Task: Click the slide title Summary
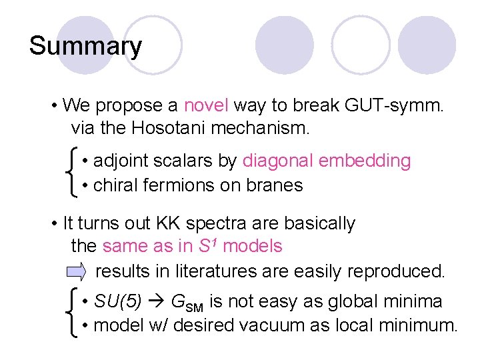coord(85,47)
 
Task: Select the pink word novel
coord(206,105)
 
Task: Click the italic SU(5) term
coord(117,302)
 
